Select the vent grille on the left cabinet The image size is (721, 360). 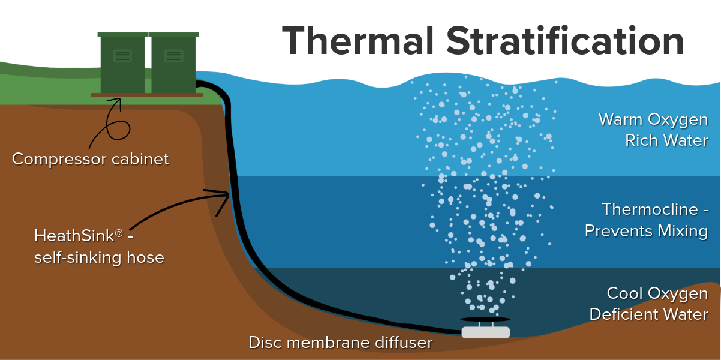tap(122, 56)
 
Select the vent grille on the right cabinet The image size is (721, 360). tap(173, 56)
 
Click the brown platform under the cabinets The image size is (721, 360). tap(146, 95)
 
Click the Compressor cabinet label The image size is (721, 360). tap(90, 159)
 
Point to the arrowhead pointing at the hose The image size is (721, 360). tap(224, 194)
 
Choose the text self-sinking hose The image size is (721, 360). tap(99, 257)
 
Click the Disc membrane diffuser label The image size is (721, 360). tap(340, 343)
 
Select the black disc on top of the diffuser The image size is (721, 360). tap(485, 319)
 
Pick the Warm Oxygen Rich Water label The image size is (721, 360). tap(653, 130)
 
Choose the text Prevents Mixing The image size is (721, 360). tap(646, 230)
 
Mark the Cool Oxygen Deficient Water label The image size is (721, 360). tap(648, 304)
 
